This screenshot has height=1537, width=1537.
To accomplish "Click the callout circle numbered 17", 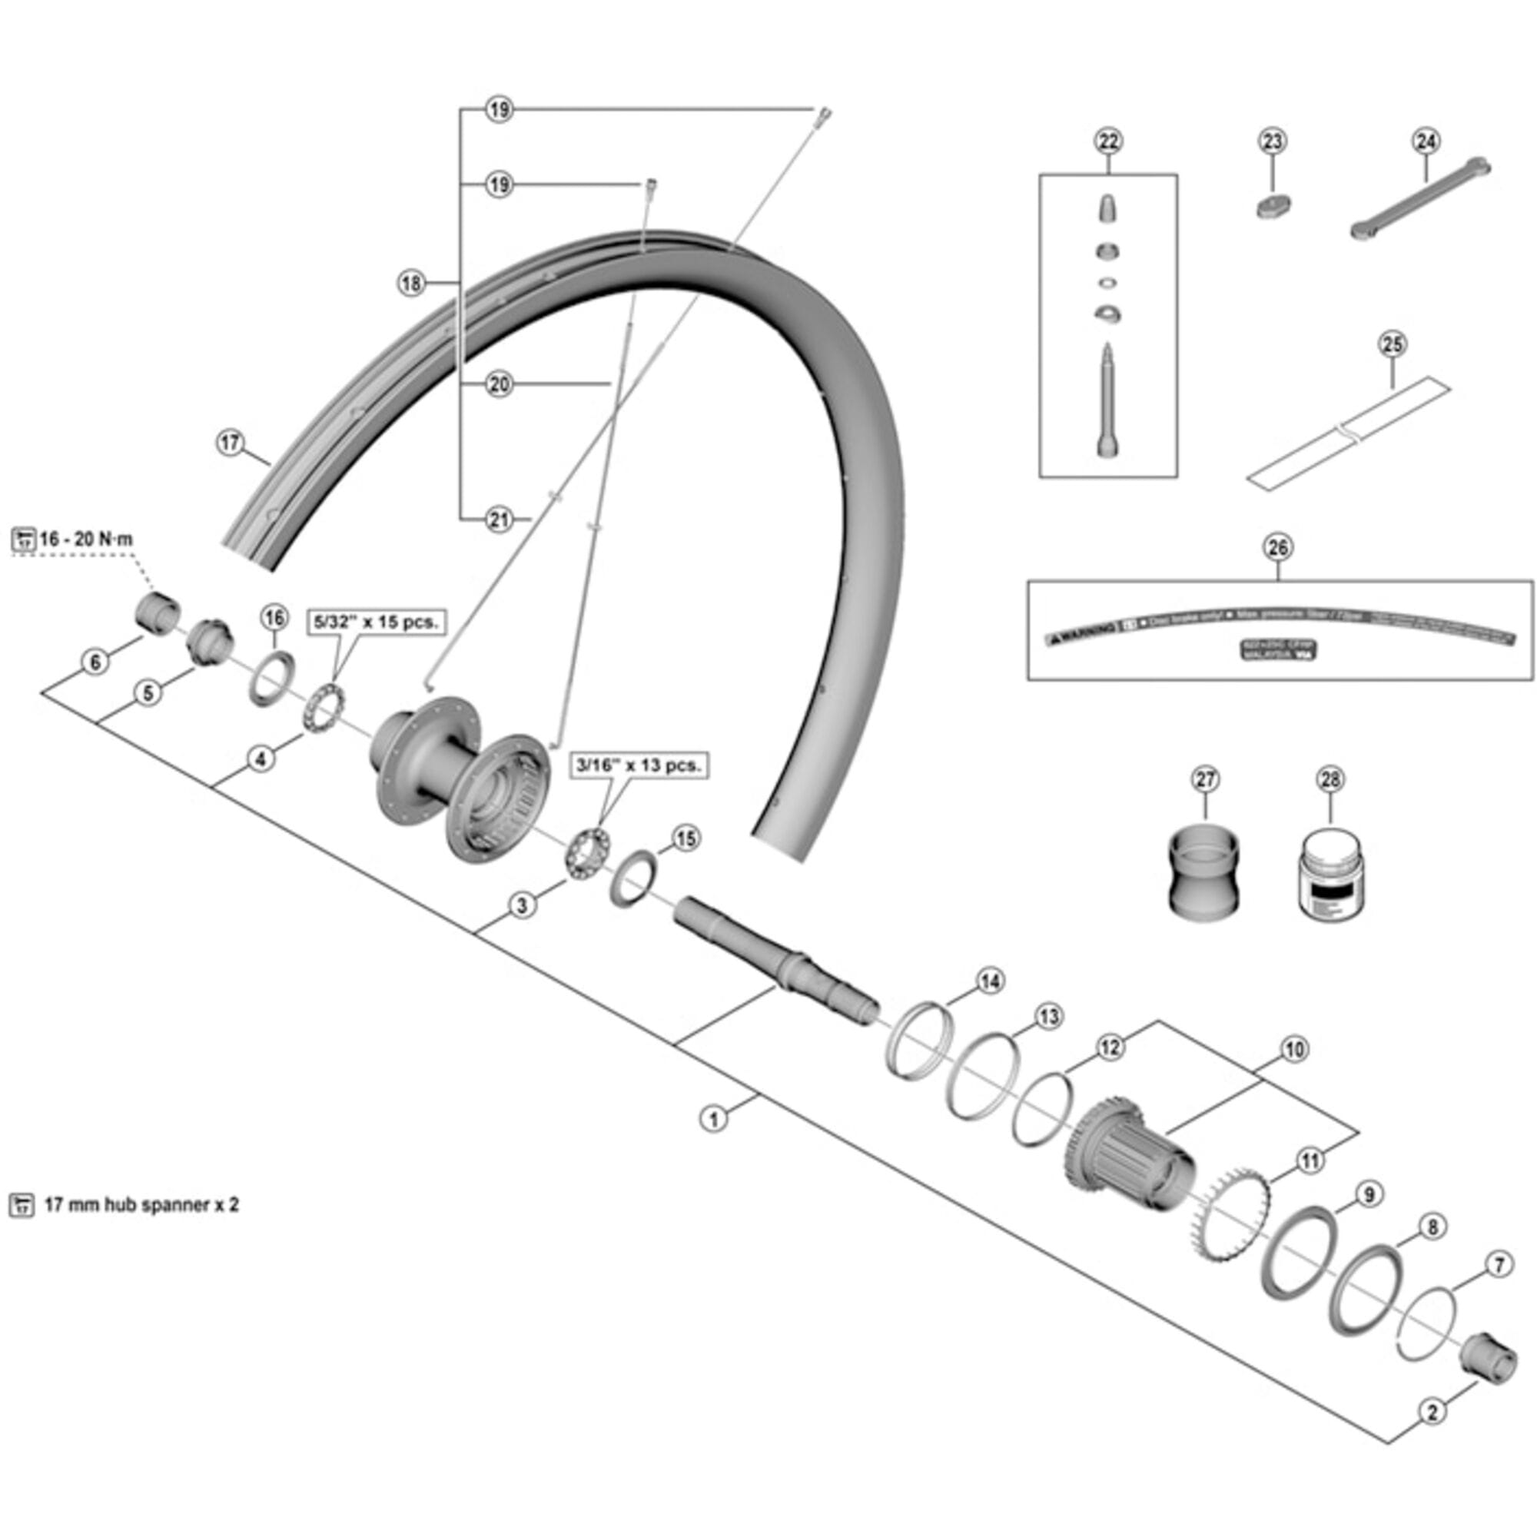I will click(230, 443).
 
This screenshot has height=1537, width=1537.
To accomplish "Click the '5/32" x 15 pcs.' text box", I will click(377, 622).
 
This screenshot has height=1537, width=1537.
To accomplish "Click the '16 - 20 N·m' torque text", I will click(86, 539).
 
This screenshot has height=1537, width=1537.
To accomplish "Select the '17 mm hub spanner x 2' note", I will click(140, 1204).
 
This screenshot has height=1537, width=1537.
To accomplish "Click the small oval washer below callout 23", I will click(1273, 207).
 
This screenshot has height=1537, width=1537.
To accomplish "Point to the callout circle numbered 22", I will click(1108, 141).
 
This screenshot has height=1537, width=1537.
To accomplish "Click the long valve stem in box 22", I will click(1107, 402).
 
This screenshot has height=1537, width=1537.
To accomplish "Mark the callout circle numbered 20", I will click(499, 385).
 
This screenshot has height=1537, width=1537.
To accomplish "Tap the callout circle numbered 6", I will click(95, 662).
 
